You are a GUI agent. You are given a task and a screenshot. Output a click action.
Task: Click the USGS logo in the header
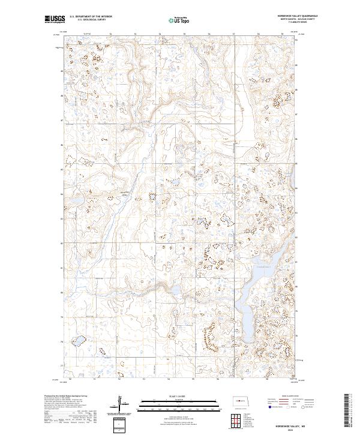(x=55, y=19)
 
